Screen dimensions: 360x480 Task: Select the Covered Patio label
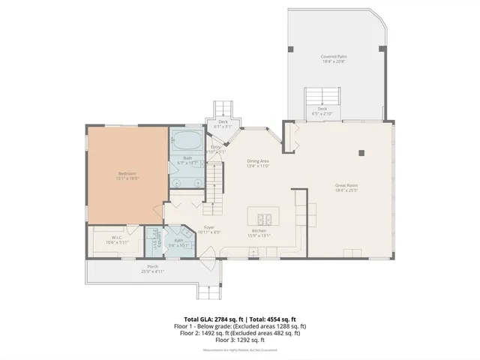(x=333, y=56)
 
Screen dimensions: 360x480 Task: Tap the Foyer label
(x=208, y=227)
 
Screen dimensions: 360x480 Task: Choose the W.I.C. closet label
(x=112, y=240)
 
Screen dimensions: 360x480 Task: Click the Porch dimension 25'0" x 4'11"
(x=152, y=271)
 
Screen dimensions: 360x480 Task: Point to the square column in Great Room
(x=361, y=152)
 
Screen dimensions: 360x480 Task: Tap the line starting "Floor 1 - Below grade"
(x=239, y=326)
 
